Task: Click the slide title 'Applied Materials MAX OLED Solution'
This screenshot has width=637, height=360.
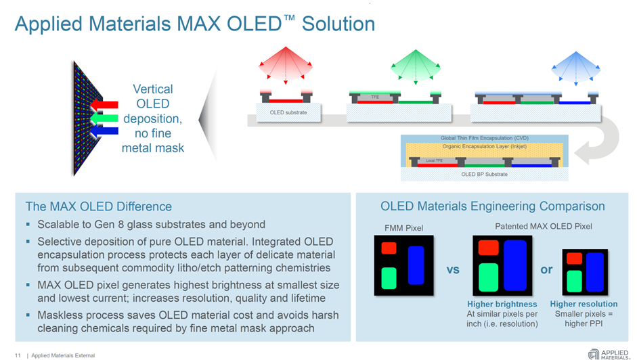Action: click(x=195, y=24)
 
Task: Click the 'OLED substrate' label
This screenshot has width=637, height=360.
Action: click(x=288, y=112)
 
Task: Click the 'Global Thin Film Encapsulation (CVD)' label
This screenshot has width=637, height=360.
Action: click(x=484, y=138)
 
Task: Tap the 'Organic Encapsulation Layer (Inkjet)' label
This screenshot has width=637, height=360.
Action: click(x=484, y=146)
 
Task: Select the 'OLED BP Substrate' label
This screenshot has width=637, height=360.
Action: click(x=484, y=174)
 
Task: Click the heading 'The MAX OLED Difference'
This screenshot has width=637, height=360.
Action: click(x=98, y=206)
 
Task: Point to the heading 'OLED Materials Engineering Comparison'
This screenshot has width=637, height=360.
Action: click(x=492, y=206)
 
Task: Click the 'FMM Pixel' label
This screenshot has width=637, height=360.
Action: click(x=403, y=227)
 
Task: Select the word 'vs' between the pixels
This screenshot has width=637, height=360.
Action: click(x=453, y=269)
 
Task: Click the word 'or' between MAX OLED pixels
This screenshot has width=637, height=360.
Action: click(x=547, y=269)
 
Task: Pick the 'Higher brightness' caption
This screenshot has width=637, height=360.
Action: click(x=502, y=305)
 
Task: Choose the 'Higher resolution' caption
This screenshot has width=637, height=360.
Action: click(x=584, y=305)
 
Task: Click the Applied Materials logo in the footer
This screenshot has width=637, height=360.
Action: click(x=609, y=354)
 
